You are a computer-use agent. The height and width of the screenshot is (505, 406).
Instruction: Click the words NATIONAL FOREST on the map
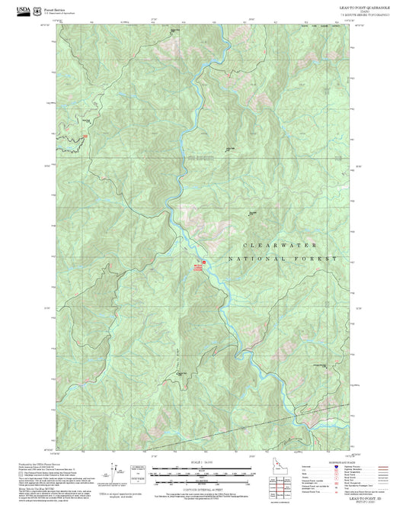click(289, 259)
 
